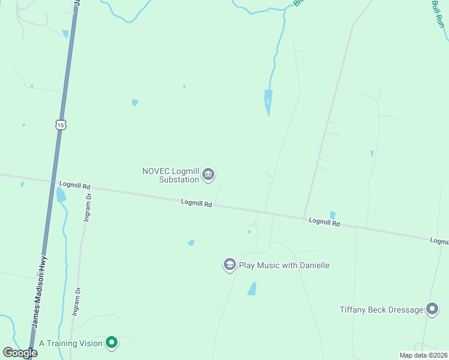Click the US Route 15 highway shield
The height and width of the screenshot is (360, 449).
pos(60,124)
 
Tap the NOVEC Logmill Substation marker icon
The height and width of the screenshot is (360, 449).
pos(208,175)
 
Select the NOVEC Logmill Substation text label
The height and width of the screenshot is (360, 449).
pos(170,175)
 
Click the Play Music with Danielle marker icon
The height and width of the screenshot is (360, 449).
pos(229,265)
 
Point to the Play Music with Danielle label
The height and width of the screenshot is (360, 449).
pos(284,265)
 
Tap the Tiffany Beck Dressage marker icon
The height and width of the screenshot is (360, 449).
pos(432,310)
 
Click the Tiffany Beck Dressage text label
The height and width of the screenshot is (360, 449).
pos(381,310)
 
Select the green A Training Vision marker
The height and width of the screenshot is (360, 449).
pos(111,343)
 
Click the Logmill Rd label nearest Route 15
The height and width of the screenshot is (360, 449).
pos(74,185)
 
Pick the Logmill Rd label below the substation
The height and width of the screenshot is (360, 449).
pos(196,203)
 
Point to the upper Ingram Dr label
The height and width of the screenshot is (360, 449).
pos(87,207)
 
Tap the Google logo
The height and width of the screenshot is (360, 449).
pos(20,352)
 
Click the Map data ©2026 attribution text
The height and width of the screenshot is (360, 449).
pos(424,355)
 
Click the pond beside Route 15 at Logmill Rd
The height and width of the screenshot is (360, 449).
pos(61,194)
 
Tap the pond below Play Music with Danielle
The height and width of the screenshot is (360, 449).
pos(252,289)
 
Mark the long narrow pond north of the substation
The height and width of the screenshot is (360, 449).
pos(268,101)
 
